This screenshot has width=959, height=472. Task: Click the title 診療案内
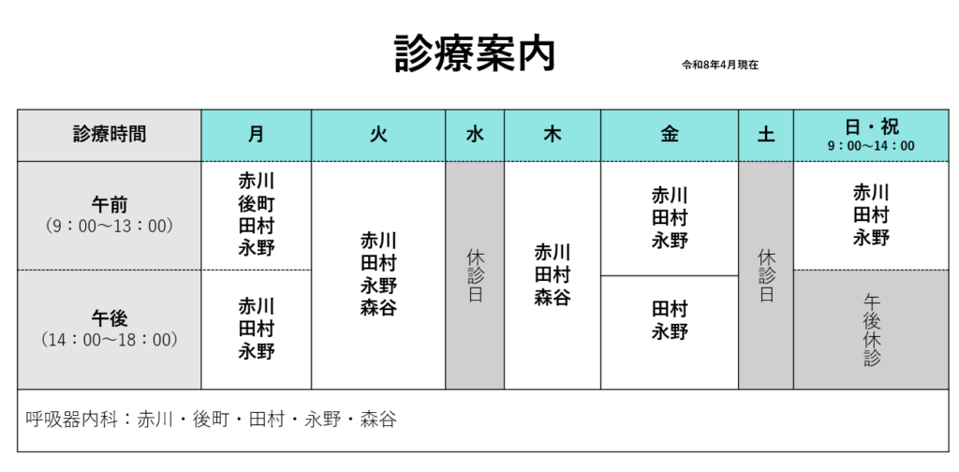(475, 53)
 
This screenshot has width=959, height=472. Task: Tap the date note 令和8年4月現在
(719, 66)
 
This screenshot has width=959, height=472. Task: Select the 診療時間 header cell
(110, 134)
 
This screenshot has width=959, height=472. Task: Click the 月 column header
(256, 134)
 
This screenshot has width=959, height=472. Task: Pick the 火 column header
(378, 134)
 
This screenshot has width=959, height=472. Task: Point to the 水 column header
(475, 134)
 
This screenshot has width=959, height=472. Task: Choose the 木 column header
(553, 134)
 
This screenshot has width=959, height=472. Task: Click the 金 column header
(670, 134)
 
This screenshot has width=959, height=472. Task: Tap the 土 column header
(766, 134)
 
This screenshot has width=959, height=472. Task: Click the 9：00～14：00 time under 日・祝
(870, 146)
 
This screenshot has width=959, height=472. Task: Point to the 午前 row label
(110, 204)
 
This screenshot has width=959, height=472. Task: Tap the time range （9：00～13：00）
(110, 226)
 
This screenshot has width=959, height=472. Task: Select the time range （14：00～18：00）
(110, 340)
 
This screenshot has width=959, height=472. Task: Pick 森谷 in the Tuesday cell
(378, 308)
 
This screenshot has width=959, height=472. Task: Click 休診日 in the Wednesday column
(475, 275)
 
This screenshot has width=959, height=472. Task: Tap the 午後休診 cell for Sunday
(871, 330)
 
